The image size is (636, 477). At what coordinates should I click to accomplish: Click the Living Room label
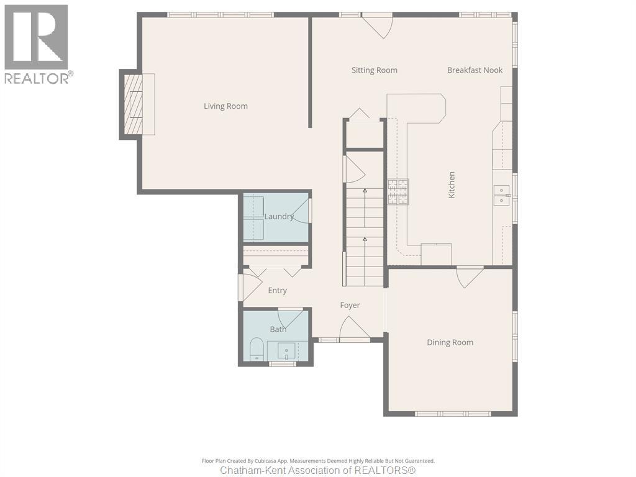(x=225, y=106)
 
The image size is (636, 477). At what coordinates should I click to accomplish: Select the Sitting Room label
(x=374, y=70)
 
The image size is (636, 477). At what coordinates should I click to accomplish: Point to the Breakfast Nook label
(x=475, y=70)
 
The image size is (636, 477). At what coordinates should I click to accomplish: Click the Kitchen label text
(x=452, y=185)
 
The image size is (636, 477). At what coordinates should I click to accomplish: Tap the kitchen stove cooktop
(x=399, y=192)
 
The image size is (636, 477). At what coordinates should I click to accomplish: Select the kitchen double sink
(x=502, y=195)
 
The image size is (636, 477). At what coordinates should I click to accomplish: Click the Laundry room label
(x=279, y=216)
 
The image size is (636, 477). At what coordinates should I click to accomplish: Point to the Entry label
(x=277, y=290)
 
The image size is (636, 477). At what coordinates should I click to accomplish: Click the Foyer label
(x=350, y=305)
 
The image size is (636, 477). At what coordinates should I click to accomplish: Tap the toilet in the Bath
(x=257, y=349)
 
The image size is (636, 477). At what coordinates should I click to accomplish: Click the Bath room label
(x=278, y=329)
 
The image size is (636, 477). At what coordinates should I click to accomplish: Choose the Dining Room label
(x=450, y=342)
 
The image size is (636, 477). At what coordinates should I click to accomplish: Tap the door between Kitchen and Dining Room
(x=470, y=276)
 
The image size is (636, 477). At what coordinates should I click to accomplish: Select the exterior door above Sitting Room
(x=378, y=25)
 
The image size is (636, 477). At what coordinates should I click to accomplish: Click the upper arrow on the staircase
(x=365, y=191)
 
